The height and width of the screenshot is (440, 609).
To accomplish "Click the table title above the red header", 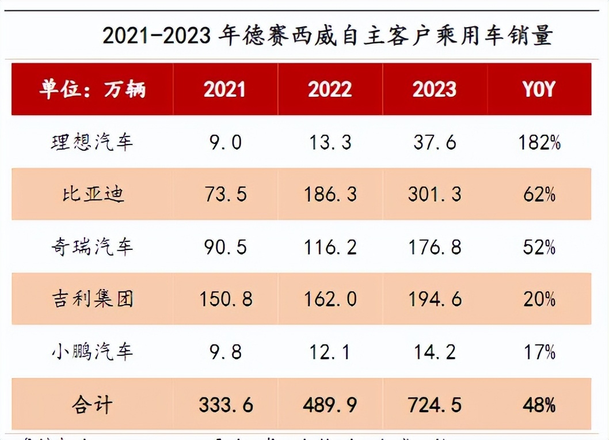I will pos(328,36).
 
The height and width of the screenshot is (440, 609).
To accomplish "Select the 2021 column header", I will pos(224,89).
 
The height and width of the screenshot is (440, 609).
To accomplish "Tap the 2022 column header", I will pos(329,89).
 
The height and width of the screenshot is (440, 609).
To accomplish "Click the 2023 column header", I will pos(434,89).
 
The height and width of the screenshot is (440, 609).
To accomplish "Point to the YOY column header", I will pos(539,89).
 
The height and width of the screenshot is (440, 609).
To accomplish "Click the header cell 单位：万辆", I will pos(93,89).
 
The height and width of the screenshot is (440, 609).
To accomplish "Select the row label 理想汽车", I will pos(92,141).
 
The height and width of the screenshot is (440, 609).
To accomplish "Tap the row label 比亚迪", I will pos(92,194).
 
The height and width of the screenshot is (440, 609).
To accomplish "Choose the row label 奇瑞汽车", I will pos(92,247).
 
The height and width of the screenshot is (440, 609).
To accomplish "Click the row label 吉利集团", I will pos(92,299).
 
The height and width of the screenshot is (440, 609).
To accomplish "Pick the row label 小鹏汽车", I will pos(92,351).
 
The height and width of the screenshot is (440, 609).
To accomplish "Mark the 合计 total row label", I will pos(92,405).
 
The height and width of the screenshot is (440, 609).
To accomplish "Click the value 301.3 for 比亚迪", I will pos(434,194).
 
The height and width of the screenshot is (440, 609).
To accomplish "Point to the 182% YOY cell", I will pos(539,142).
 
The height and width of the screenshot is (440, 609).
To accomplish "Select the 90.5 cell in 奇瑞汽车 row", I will pos(225,247).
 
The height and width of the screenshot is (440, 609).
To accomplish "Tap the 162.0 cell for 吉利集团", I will pos(330,299).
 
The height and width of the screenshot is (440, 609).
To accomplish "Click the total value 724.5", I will pos(434,405).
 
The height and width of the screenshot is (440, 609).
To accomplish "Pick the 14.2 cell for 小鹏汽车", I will pos(434,351).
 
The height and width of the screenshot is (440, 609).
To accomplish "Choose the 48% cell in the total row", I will pos(539,405).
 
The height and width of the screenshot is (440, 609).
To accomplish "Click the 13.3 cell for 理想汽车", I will pos(330,142).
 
